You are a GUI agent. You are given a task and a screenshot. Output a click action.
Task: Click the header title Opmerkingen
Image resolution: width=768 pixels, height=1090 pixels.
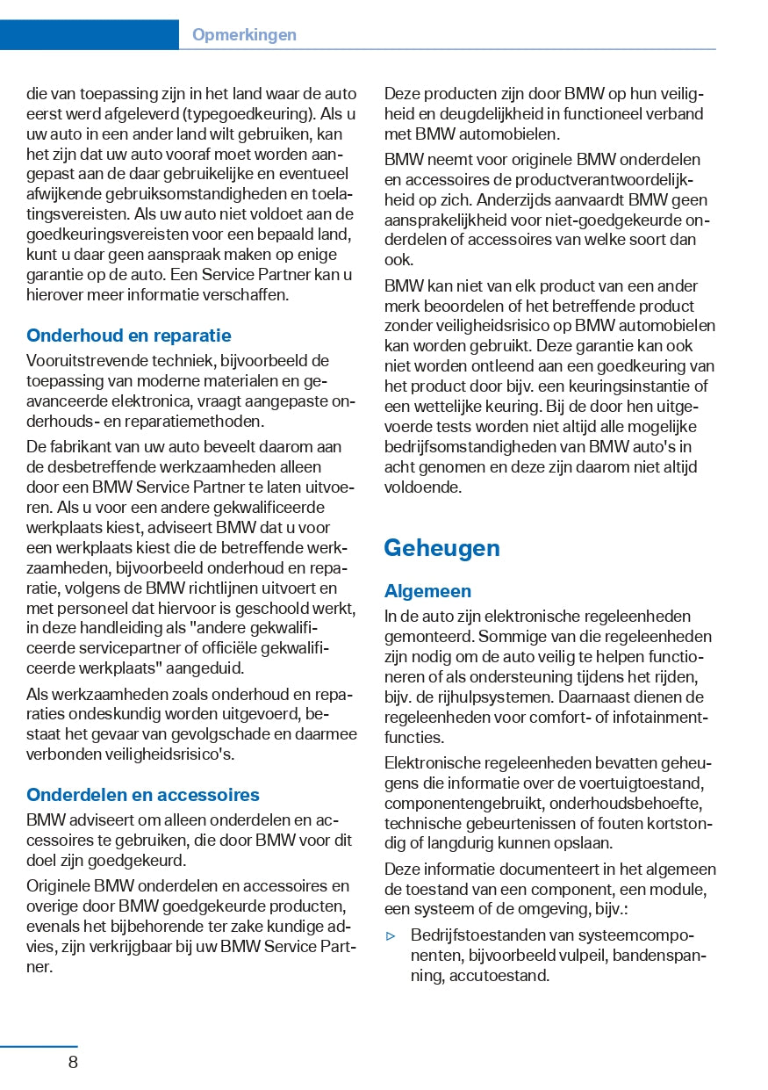click(244, 35)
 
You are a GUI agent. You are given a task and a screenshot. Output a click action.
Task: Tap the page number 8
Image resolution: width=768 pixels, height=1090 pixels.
click(73, 1062)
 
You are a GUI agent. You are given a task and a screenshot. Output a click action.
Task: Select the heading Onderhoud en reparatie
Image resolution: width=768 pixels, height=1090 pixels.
click(129, 336)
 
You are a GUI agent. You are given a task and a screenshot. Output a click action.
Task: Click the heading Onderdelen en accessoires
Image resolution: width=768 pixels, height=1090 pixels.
click(143, 795)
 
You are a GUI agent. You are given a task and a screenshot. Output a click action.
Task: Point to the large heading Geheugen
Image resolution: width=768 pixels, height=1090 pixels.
click(441, 548)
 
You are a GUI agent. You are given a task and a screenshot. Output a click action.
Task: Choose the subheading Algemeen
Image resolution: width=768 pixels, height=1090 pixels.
click(427, 591)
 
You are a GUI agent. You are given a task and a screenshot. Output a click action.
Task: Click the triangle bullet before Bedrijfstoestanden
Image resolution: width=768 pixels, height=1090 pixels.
click(391, 935)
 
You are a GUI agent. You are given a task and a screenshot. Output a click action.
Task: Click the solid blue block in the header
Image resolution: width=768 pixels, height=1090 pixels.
click(89, 34)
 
